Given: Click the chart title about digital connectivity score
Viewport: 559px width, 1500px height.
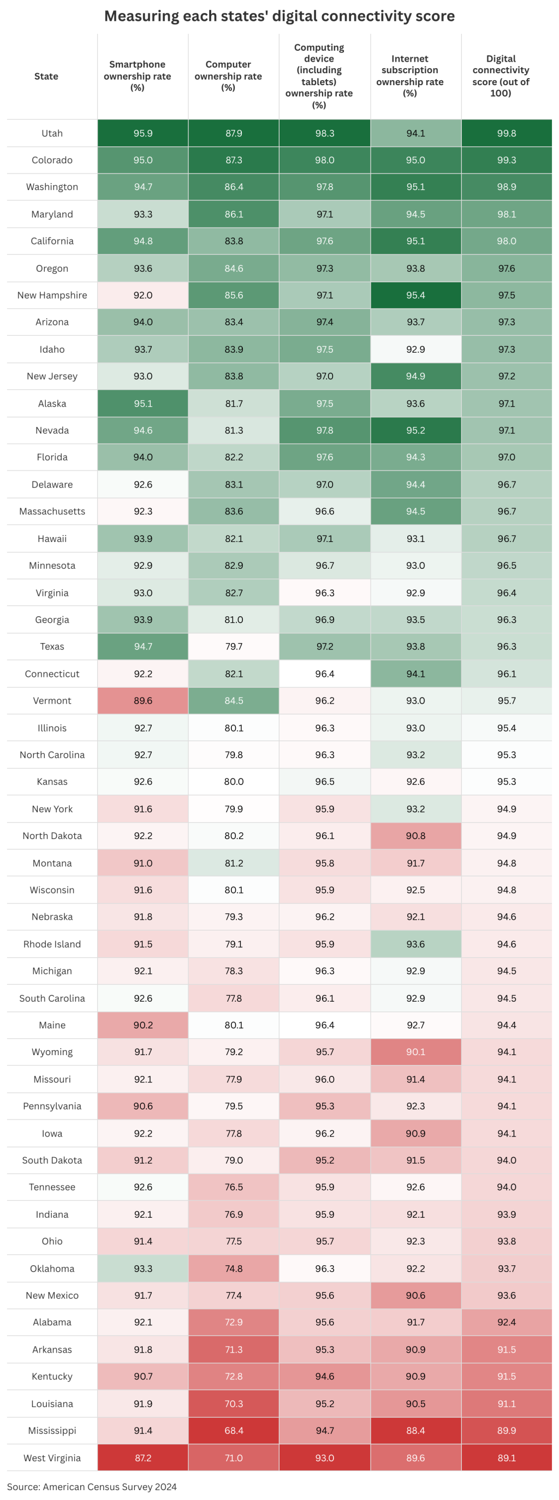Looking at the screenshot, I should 279,16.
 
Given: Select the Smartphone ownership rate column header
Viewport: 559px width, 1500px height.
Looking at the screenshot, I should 138,76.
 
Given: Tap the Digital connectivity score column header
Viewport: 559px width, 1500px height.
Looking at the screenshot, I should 501,76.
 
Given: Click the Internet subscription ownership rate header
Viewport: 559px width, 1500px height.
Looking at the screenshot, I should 410,76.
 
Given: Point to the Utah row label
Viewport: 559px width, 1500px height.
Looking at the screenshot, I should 52,133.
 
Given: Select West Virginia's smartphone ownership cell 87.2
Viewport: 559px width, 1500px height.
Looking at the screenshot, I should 142,1457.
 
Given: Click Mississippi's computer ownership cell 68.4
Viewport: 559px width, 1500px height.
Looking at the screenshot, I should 234,1430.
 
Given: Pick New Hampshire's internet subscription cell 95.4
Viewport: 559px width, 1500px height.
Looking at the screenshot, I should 416,295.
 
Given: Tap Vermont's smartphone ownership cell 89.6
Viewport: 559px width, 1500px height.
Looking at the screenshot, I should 142,700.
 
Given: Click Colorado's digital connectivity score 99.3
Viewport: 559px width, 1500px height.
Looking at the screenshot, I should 507,160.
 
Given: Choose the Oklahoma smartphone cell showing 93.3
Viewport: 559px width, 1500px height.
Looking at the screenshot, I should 142,1268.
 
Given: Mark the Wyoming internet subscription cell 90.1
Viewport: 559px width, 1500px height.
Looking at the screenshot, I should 416,1052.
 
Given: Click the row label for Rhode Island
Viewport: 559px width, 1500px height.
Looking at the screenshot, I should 52,944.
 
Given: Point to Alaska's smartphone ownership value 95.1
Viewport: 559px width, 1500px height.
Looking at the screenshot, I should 142,403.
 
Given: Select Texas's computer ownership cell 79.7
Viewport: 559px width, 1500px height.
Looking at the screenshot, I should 234,646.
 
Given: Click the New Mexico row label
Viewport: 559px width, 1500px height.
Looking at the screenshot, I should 52,1295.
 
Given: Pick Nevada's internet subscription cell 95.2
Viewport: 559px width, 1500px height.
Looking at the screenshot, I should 416,430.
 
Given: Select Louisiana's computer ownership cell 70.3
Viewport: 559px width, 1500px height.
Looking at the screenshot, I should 234,1403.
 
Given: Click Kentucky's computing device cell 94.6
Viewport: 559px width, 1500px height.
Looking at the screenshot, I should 324,1376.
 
